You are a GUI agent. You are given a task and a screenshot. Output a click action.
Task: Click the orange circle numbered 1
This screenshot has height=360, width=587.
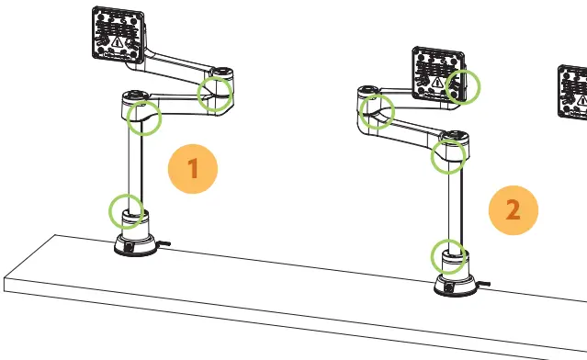click(193, 168)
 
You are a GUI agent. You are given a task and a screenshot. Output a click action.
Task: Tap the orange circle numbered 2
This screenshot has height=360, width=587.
click(513, 209)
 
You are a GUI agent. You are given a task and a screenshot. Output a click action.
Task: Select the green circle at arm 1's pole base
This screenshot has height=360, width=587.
click(126, 210)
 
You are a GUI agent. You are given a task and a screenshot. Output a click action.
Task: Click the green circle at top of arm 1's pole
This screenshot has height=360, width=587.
click(143, 116)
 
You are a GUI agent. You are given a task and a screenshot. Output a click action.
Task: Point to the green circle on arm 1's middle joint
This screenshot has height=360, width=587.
click(215, 93)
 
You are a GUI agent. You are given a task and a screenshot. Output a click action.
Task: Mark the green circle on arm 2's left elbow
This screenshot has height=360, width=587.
click(377, 111)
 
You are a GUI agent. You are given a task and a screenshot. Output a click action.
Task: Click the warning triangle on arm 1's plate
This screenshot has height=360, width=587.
click(117, 40)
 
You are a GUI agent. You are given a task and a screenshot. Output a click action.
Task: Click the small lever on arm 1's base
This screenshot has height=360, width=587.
click(163, 244)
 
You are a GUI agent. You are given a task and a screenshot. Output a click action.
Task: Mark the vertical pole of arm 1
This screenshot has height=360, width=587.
click(132, 165)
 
